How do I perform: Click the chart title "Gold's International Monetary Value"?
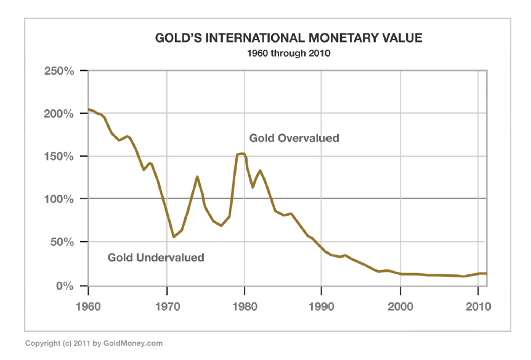click(289, 39)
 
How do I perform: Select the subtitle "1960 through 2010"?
click(289, 54)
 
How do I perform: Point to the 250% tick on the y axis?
click(59, 71)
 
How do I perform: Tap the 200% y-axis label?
click(59, 114)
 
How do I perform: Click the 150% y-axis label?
click(59, 157)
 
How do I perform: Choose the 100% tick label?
click(59, 199)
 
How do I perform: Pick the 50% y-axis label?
click(62, 242)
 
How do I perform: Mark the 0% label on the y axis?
click(65, 286)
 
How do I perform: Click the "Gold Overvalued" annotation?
click(294, 138)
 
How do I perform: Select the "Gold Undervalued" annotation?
click(156, 258)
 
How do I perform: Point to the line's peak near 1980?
click(241, 153)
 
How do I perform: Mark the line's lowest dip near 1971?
click(174, 237)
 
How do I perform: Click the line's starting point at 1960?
click(89, 110)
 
